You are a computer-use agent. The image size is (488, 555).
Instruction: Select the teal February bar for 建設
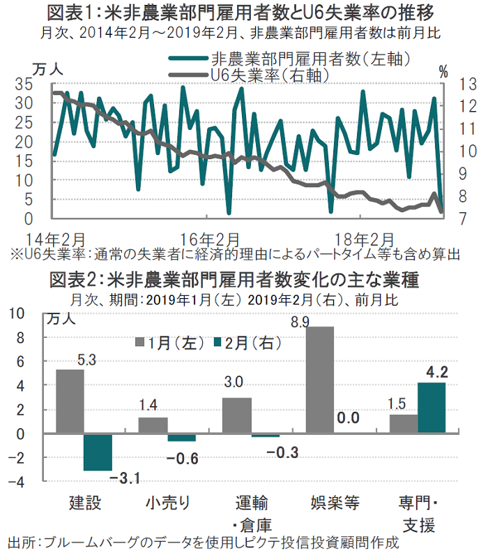(98, 451)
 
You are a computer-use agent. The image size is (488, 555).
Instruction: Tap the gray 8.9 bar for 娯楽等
(320, 380)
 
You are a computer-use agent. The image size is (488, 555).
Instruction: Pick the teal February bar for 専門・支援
(431, 408)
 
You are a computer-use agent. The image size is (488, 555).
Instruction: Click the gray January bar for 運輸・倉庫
(236, 415)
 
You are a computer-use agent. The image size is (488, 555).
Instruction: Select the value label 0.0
(347, 419)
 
